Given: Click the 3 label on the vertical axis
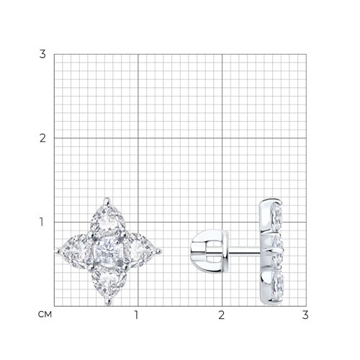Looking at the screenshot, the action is [x=42, y=54].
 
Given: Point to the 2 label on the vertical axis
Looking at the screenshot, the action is [x=42, y=138].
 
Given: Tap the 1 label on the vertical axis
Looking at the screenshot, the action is [x=42, y=222].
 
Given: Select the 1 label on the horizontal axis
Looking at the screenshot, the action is [x=137, y=315].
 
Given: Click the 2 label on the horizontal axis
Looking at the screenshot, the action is [x=222, y=315].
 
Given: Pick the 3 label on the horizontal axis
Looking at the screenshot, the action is [x=305, y=315].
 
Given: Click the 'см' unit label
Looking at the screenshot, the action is [x=45, y=314].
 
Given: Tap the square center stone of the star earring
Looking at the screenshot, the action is [x=107, y=251].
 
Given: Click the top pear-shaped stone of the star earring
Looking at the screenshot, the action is [x=107, y=220].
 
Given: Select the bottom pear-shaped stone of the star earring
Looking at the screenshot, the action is [x=109, y=282].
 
